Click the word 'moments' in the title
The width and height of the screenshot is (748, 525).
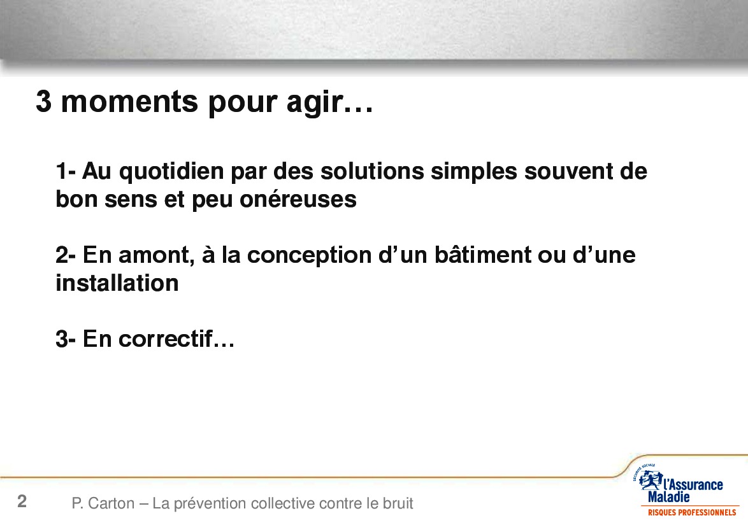(129, 101)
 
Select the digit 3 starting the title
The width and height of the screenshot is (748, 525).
(43, 101)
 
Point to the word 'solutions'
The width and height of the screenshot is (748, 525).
(372, 171)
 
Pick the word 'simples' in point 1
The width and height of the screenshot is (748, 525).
(473, 172)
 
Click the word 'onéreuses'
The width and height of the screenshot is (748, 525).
(298, 199)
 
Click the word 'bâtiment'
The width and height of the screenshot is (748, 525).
(482, 255)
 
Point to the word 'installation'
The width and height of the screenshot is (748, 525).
(117, 283)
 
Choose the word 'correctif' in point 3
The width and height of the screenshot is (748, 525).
(165, 339)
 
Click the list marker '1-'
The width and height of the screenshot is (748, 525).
(66, 172)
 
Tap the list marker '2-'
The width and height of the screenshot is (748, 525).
(66, 255)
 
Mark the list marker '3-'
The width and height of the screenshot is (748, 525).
(66, 339)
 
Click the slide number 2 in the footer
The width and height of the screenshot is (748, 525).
(22, 501)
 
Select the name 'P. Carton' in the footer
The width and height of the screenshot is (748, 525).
(103, 503)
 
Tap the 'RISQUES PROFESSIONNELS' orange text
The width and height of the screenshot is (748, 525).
(692, 513)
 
